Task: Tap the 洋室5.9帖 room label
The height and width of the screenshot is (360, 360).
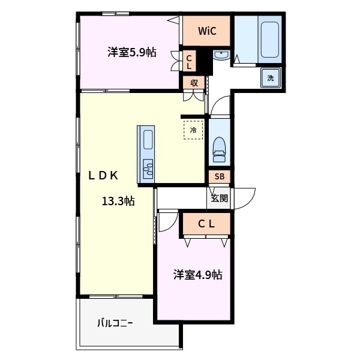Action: coord(132,53)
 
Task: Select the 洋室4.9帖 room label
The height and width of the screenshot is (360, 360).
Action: coord(198,275)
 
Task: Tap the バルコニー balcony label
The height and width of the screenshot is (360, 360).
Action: coord(115,323)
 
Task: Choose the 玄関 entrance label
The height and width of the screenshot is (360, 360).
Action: coord(219,198)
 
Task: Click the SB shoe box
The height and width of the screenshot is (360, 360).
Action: coord(219,176)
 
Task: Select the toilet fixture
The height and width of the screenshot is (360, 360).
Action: coord(219,149)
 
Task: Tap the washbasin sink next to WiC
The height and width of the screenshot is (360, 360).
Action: coord(220,56)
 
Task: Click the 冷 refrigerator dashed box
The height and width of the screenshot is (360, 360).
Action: coord(193,130)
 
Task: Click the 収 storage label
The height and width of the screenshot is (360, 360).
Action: coord(194,83)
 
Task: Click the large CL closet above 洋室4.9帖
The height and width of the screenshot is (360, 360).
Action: coord(206,224)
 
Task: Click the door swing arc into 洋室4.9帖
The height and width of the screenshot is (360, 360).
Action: coord(167,224)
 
